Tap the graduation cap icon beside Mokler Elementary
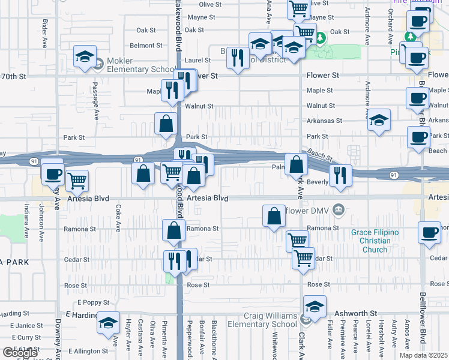[x=85, y=57]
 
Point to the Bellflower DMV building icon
[x=339, y=211]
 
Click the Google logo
[x=20, y=353]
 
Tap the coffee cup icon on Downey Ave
[x=53, y=174]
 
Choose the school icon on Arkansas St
[x=379, y=120]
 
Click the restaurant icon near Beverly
[x=340, y=175]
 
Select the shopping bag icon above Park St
[x=166, y=124]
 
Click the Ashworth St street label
[x=357, y=313]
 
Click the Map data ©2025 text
[x=423, y=355]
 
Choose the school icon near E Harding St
[x=107, y=324]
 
